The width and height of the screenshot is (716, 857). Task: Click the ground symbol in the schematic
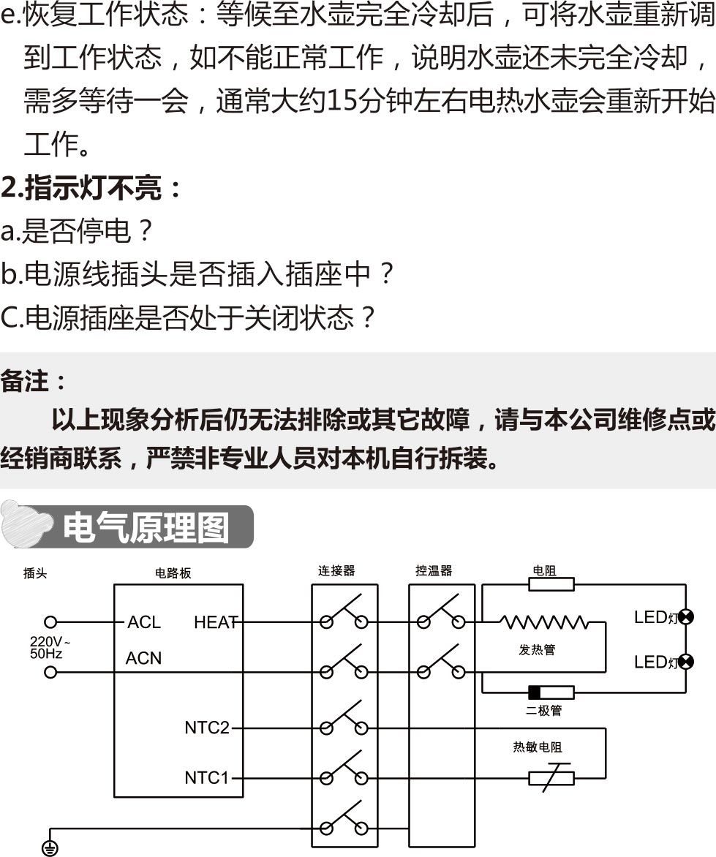(x=50, y=847)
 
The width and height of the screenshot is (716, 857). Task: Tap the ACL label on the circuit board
(x=143, y=622)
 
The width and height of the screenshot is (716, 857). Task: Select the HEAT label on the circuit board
(x=216, y=622)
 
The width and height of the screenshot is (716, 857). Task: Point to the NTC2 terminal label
(x=207, y=728)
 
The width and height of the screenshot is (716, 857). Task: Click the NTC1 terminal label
(x=207, y=778)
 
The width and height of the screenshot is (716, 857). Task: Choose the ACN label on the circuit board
(x=143, y=658)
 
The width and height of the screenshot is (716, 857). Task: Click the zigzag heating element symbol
(x=544, y=622)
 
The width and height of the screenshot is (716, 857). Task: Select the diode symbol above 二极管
(x=551, y=692)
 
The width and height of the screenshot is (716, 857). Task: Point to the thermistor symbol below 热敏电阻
(x=551, y=778)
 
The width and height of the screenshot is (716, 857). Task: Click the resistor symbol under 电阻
(x=551, y=584)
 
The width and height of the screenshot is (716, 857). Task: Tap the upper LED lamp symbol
(x=686, y=616)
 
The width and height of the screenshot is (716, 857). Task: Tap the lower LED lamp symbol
(x=686, y=662)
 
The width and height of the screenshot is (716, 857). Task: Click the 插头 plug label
(x=35, y=573)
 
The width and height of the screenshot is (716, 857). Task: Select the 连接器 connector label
(x=336, y=570)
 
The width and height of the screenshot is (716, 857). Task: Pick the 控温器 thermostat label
(x=434, y=570)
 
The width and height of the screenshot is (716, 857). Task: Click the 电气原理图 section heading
(x=146, y=527)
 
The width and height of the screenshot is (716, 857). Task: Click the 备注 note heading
(x=34, y=381)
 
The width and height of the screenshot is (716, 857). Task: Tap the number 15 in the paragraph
(x=340, y=101)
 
